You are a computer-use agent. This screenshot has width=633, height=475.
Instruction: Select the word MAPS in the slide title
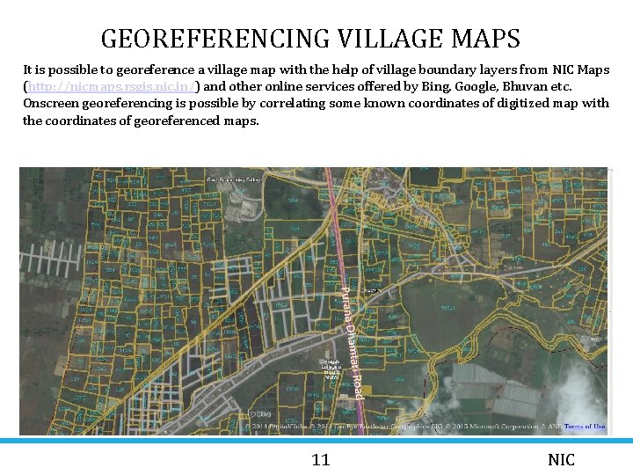pos(485,40)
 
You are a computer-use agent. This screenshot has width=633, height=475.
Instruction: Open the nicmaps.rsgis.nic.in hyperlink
pos(113,86)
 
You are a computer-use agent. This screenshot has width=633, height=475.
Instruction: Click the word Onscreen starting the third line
pos(52,103)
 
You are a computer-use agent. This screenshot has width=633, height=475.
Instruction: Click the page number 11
pos(321,459)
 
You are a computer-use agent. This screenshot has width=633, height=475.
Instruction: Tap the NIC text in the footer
pos(561,459)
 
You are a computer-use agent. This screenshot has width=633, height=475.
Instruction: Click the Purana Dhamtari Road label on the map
pos(351,342)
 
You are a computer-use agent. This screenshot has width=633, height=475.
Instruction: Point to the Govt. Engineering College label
pos(235,179)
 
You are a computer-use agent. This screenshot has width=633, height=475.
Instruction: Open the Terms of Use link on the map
pos(585,427)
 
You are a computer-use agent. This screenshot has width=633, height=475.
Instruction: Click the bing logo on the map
pos(259,413)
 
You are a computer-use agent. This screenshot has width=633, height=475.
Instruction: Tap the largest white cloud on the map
pos(580,391)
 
